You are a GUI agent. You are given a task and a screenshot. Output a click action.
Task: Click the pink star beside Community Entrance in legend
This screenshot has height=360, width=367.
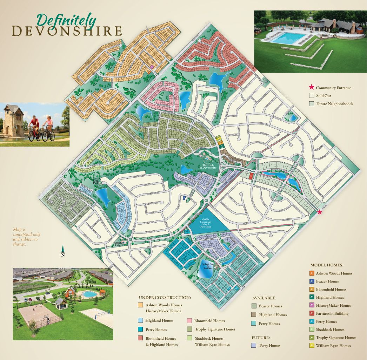tap(311, 88)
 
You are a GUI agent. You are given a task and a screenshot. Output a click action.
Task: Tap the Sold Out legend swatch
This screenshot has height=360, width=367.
tap(311, 96)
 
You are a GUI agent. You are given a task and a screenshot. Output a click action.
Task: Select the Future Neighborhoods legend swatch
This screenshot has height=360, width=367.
tap(311, 104)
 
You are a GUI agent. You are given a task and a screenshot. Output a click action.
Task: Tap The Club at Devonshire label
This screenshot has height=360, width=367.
tap(210, 167)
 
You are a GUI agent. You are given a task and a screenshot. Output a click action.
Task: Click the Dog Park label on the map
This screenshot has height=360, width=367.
tap(96, 182)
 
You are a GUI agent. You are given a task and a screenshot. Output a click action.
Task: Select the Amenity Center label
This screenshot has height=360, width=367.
tap(120, 244)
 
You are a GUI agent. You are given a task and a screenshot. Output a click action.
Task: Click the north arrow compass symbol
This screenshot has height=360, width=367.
tap(63, 250)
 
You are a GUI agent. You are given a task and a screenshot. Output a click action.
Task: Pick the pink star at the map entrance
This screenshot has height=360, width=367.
tap(319, 212)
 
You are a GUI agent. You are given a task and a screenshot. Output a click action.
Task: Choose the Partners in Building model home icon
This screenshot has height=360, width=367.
tap(312, 313)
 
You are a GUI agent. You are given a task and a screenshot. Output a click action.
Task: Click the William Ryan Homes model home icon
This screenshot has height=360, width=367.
tap(312, 346)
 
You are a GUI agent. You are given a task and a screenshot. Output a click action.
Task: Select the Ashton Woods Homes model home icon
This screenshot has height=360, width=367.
tap(312, 273)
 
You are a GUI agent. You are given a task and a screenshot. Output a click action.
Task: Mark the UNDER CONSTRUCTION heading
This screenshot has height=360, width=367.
tap(165, 298)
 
